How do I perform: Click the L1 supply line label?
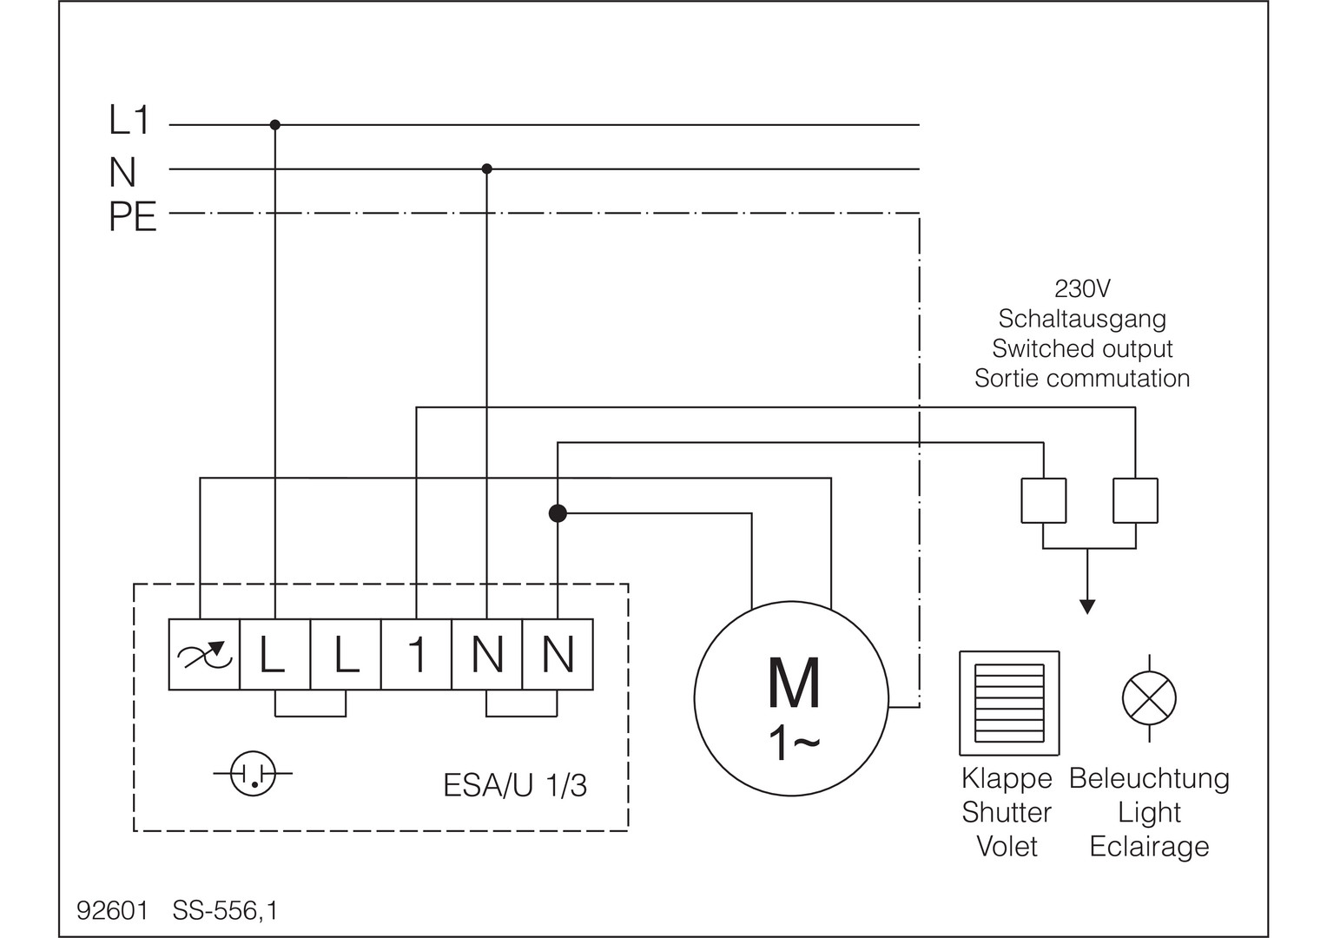coord(129,121)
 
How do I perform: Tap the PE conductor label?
coord(133,216)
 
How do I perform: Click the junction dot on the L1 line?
coord(275,125)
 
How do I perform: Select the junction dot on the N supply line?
coord(486,168)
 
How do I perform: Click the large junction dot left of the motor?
coord(558,513)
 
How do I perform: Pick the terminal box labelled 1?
coord(417,655)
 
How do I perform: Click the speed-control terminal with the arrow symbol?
coord(204,655)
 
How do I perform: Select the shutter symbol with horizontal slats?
coord(1008,703)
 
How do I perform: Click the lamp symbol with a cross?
coord(1149,698)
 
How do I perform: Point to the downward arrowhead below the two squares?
coord(1086,606)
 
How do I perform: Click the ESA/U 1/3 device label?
coord(515,786)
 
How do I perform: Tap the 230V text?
coord(1082,288)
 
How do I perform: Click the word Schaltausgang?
coord(1082,319)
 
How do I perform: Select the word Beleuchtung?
coord(1149,778)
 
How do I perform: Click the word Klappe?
coord(1007,778)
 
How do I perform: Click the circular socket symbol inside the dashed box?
coord(253,772)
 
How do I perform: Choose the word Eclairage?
coord(1149,846)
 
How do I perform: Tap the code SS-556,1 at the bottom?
coord(225,910)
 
